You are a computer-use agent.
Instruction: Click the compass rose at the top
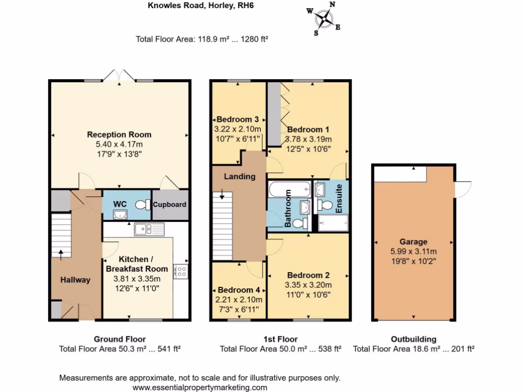(x=324, y=19)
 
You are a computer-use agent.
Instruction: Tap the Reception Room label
(x=119, y=135)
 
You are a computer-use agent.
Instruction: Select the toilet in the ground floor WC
(x=141, y=205)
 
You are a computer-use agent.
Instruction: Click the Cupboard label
(x=170, y=205)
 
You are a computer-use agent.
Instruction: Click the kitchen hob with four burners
(x=180, y=271)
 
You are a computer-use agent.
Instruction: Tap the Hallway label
(x=76, y=280)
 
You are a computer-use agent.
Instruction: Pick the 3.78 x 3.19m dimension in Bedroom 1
(x=309, y=139)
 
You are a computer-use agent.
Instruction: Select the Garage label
(x=413, y=242)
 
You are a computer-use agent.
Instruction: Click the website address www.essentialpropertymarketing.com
(x=200, y=387)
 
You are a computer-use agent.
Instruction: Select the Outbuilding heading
(x=413, y=339)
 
